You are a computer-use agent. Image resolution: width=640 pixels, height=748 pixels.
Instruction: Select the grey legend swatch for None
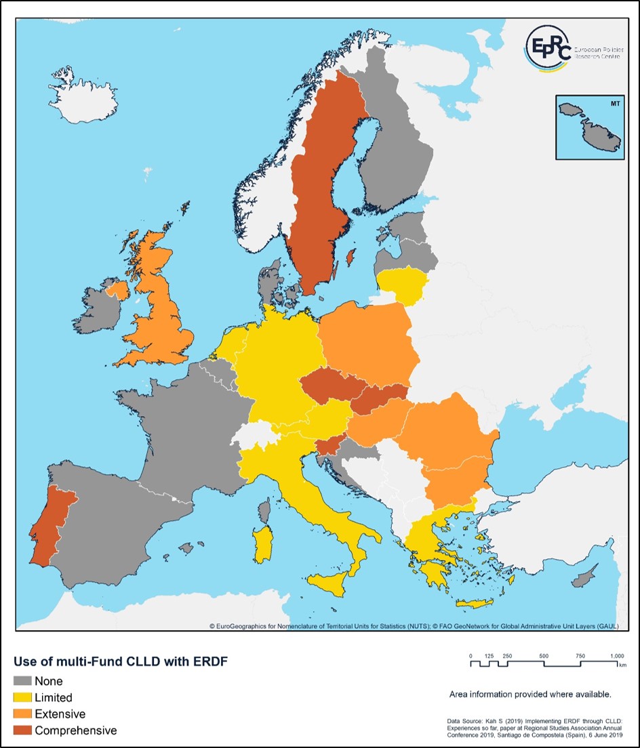[x=23, y=681]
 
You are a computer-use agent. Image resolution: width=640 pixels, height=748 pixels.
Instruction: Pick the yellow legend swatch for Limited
[x=23, y=697]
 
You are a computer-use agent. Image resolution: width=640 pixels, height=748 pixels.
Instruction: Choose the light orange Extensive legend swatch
[x=23, y=713]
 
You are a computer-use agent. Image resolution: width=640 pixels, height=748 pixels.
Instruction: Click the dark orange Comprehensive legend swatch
[x=23, y=730]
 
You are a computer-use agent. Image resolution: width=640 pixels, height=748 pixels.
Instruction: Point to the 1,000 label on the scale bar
[x=617, y=656]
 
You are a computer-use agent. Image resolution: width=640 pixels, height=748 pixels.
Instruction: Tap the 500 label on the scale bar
[x=544, y=656]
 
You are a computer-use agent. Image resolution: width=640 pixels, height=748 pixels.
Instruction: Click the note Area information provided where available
[x=530, y=694]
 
